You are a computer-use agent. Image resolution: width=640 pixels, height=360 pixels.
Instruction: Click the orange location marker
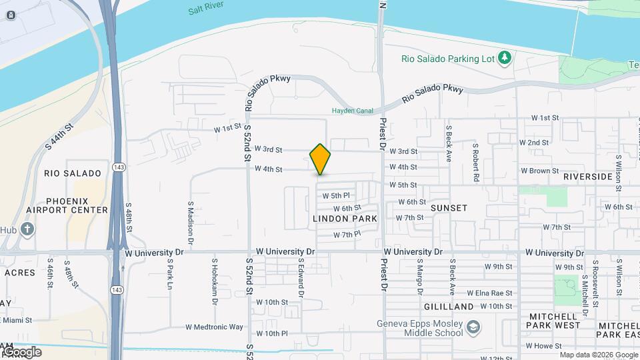click(320, 159)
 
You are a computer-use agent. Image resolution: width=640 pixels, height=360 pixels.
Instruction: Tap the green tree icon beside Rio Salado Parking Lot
click(505, 58)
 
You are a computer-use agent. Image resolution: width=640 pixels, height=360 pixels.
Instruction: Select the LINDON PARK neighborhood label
click(345, 219)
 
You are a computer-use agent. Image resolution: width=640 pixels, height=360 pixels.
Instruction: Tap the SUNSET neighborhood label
click(449, 208)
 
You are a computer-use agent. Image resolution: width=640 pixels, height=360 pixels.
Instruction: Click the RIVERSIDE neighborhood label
click(587, 177)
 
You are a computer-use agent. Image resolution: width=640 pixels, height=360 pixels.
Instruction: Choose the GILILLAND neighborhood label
click(448, 307)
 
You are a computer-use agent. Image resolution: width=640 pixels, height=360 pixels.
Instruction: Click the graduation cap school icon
click(473, 327)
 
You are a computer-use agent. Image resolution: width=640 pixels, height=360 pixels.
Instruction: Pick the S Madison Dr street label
click(190, 220)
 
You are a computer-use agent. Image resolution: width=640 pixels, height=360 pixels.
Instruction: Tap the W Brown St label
click(539, 171)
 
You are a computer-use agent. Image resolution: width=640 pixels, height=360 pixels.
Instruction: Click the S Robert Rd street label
click(476, 162)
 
